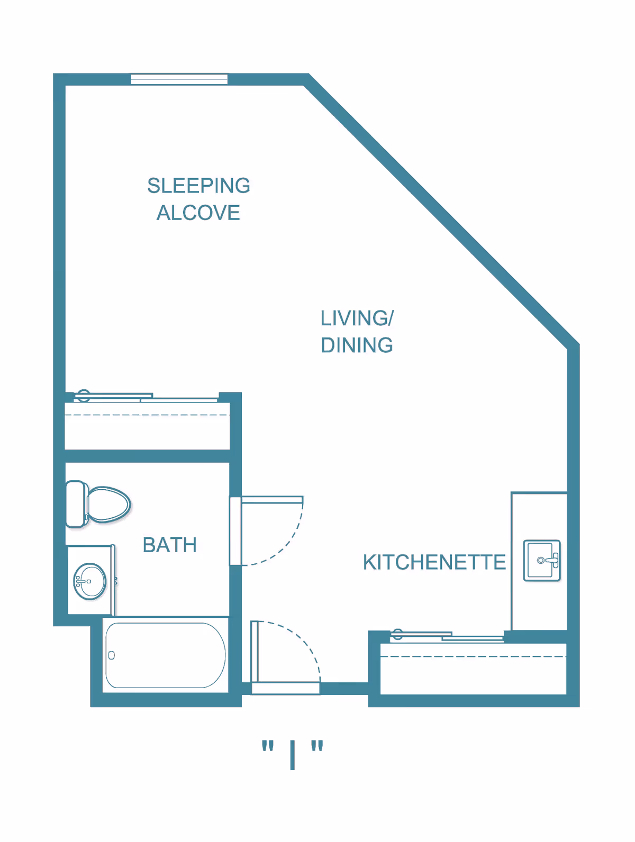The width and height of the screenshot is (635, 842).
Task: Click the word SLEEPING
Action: point(198,186)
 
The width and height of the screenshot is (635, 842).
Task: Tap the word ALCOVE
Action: point(198,213)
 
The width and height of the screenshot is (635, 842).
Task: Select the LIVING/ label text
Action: point(357,318)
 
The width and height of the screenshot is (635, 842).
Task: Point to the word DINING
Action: point(357,345)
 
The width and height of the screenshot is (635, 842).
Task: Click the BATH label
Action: point(169,545)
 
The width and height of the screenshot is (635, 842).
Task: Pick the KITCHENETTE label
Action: point(434,562)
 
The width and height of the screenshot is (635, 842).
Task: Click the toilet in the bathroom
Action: point(98,505)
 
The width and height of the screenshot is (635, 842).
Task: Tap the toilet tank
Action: point(76,504)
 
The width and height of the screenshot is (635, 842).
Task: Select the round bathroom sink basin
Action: point(90,581)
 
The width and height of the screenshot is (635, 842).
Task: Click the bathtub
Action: point(166,655)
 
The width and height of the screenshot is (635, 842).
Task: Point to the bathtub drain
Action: point(111,655)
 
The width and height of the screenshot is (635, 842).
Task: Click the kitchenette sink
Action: point(542,561)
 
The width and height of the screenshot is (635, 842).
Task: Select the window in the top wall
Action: point(179,79)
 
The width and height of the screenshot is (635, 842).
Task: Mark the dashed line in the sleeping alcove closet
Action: point(147,415)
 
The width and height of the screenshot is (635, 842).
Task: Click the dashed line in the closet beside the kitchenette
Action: point(474,657)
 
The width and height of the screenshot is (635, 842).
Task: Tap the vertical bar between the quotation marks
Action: point(293,755)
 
